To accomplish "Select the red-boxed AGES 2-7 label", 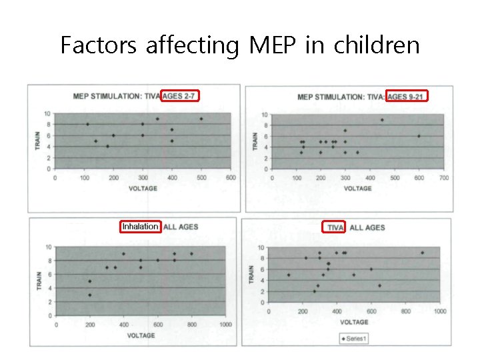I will (180, 96).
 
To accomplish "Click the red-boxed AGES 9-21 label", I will (407, 97).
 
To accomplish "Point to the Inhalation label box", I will (140, 227).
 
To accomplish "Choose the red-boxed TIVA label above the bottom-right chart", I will (335, 227).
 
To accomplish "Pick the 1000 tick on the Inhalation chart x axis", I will (225, 325).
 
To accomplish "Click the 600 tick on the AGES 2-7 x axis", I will (230, 177).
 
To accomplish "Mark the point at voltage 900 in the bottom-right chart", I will (422, 253).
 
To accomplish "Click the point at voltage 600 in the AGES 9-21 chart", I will (419, 136).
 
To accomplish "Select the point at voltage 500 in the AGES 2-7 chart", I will (201, 119).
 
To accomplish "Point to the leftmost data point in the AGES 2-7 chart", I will (87, 124).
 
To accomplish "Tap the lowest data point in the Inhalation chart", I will (90, 295).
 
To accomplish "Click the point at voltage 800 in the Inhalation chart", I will (191, 253).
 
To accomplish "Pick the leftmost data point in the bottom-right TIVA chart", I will (288, 275).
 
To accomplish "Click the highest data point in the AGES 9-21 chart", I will (382, 120).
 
